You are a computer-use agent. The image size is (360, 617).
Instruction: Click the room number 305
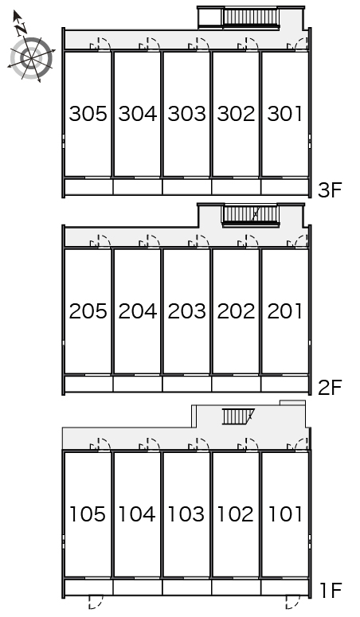tap(88, 114)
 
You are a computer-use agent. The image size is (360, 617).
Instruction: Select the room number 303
tap(186, 114)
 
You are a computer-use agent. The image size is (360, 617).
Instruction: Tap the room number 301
tap(285, 114)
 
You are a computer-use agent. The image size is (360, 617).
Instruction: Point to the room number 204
tap(138, 311)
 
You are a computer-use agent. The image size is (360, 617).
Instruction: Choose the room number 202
tap(236, 311)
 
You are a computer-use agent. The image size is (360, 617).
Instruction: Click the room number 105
tap(88, 514)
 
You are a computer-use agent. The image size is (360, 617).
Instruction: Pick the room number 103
tap(186, 514)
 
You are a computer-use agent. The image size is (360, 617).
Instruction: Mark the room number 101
tap(285, 514)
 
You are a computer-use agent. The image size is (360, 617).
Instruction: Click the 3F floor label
tap(330, 190)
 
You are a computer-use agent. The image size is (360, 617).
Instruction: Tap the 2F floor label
tap(330, 388)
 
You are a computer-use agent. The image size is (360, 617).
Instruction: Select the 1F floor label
tap(330, 590)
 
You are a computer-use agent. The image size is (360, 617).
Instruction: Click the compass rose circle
tap(31, 58)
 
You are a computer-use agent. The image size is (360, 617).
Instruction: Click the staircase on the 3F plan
tap(251, 18)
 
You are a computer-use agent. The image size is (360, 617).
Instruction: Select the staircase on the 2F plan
tap(251, 215)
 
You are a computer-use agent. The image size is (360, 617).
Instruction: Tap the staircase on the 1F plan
tap(238, 416)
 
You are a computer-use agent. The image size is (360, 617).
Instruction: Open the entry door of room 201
tap(298, 241)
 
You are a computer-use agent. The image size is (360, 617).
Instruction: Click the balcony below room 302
tap(236, 186)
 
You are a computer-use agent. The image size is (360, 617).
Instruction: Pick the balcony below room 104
tap(138, 587)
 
